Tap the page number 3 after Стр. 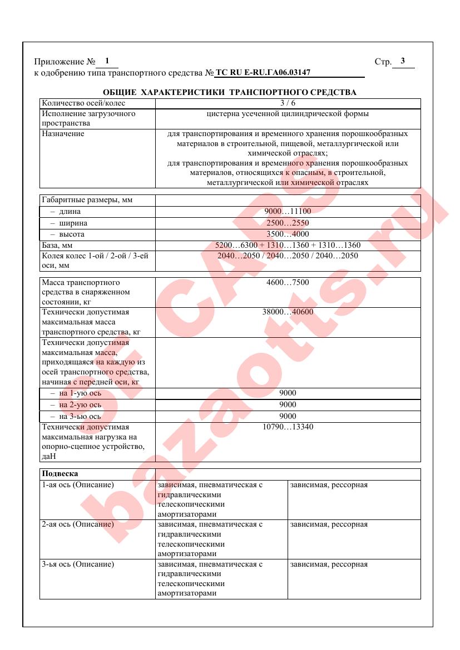pyautogui.click(x=403, y=61)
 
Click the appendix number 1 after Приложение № pyautogui.click(x=106, y=61)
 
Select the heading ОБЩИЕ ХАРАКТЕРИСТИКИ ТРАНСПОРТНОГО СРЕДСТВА pyautogui.click(x=230, y=92)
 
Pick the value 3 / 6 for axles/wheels pyautogui.click(x=288, y=103)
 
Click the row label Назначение pyautogui.click(x=63, y=134)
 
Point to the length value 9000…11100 pyautogui.click(x=288, y=212)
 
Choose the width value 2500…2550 pyautogui.click(x=288, y=223)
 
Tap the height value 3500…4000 pyautogui.click(x=288, y=234)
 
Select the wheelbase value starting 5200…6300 pyautogui.click(x=288, y=245)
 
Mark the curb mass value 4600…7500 pyautogui.click(x=288, y=282)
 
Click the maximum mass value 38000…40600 pyautogui.click(x=288, y=312)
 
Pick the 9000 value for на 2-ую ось pyautogui.click(x=288, y=404)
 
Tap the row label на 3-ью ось pyautogui.click(x=76, y=416)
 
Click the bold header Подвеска pyautogui.click(x=60, y=474)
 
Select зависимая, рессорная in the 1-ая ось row pyautogui.click(x=329, y=485)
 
